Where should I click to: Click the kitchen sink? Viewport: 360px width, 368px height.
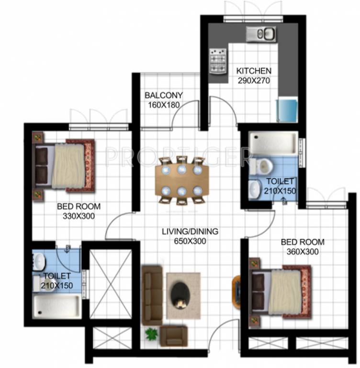[261, 33]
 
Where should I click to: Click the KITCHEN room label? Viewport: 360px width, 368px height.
[254, 71]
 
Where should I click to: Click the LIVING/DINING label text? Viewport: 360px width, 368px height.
[190, 231]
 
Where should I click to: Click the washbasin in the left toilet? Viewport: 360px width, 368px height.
[39, 262]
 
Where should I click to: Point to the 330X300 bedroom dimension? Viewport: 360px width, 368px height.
[79, 216]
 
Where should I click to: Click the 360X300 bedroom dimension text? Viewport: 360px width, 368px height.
[303, 251]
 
